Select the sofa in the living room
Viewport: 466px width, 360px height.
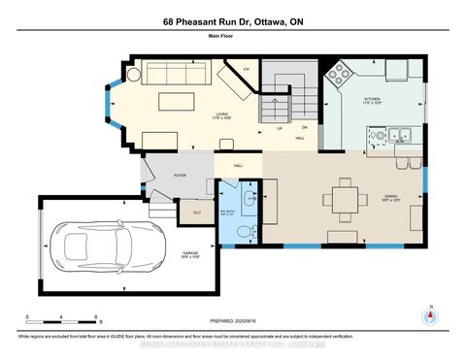pos(174,74)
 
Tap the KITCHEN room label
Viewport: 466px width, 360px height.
pos(373,99)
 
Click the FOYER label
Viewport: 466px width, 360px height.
pos(180,176)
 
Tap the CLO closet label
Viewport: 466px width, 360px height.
pos(196,213)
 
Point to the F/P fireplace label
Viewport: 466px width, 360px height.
pos(248,71)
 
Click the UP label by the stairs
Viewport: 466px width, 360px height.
pos(282,127)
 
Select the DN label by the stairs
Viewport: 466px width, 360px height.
pos(303,127)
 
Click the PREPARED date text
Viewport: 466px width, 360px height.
pos(232,322)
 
